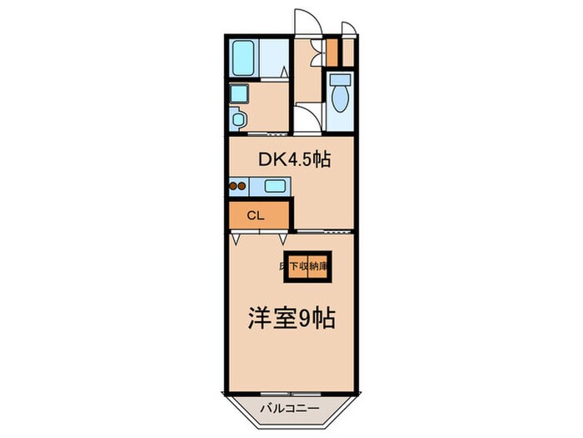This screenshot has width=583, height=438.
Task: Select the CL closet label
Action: point(255,214)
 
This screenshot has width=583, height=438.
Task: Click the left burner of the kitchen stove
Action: point(233,187)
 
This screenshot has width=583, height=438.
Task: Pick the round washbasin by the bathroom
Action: point(238,119)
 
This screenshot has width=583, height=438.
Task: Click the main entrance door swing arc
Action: point(305,22)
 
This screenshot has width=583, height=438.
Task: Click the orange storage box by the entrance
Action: point(332,52)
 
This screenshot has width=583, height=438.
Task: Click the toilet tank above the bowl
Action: point(340,81)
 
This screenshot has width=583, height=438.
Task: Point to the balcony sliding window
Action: point(289,391)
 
